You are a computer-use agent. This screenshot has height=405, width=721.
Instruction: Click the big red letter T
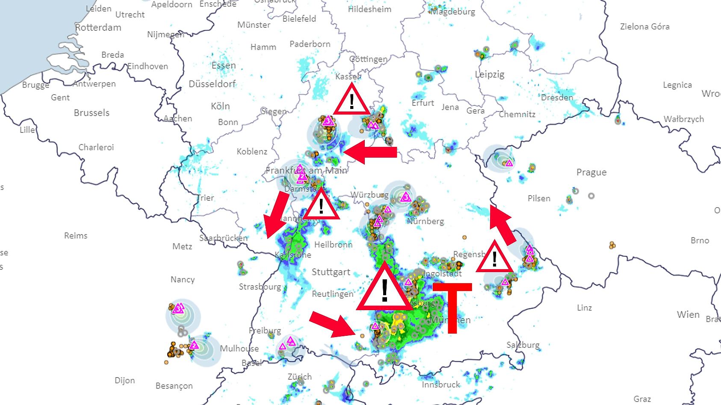(x=452, y=304)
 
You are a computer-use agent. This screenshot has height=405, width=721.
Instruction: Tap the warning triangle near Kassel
(x=352, y=101)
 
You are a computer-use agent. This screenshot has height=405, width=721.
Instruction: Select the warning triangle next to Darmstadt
(x=321, y=206)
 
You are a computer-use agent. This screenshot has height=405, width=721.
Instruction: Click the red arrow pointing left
(x=370, y=153)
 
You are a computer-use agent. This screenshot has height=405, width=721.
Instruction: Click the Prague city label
(x=591, y=173)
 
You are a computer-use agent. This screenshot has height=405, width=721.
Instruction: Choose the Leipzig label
(x=490, y=74)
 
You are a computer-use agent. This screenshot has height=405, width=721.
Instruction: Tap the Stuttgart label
(x=331, y=272)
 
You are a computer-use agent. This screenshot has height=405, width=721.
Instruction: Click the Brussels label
(x=92, y=113)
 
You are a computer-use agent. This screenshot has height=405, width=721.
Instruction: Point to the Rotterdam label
(x=98, y=28)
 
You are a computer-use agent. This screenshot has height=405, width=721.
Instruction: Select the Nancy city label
(x=183, y=279)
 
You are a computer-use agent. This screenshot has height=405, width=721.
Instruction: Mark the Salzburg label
(x=523, y=345)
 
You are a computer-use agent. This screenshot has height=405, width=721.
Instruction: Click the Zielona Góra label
(x=644, y=26)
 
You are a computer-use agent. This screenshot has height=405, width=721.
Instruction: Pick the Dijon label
(x=124, y=380)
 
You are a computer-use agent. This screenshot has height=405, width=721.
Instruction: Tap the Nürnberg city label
(x=426, y=221)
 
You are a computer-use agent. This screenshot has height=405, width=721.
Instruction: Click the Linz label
(x=584, y=308)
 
